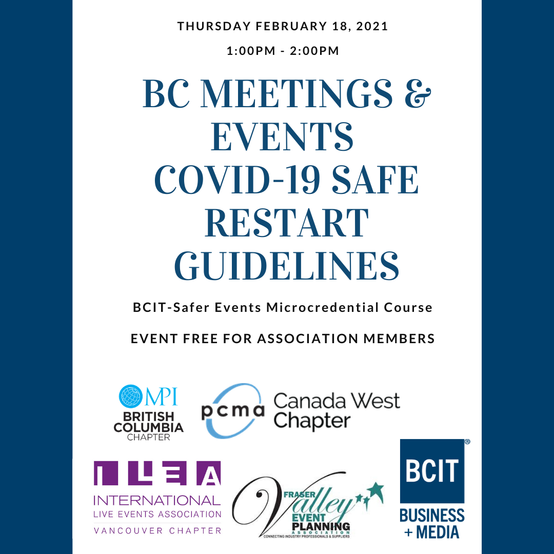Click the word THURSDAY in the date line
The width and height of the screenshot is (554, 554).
pyautogui.click(x=212, y=26)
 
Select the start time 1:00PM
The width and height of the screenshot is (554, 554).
pyautogui.click(x=249, y=51)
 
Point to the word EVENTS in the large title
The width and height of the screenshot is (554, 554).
pyautogui.click(x=282, y=138)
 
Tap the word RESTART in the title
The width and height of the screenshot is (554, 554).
pyautogui.click(x=286, y=224)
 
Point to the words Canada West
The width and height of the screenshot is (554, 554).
pyautogui.click(x=337, y=401)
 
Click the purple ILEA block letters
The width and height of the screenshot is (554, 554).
pyautogui.click(x=157, y=474)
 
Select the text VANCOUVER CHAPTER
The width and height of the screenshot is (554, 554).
pyautogui.click(x=157, y=530)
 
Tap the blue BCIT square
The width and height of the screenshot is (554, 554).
pyautogui.click(x=432, y=471)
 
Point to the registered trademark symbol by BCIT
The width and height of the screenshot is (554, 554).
pyautogui.click(x=467, y=441)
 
